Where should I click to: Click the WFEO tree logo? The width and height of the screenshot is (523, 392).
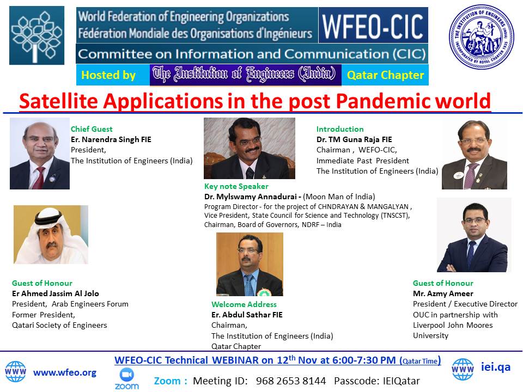point(37,35)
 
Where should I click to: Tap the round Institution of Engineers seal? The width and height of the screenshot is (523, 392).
point(481,36)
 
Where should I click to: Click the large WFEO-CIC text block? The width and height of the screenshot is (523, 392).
point(373,26)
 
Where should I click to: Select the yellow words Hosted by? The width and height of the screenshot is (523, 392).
point(108,75)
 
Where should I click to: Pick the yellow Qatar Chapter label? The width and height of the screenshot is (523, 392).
point(386,75)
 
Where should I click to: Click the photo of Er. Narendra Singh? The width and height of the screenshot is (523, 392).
point(40,154)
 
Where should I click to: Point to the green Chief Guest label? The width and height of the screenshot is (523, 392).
point(92,129)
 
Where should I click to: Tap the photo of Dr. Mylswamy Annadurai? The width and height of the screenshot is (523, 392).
point(250,148)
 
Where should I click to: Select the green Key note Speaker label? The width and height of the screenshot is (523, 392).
point(236,186)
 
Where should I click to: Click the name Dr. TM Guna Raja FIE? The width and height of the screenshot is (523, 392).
point(354,139)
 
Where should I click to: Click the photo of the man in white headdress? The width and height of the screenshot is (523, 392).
point(51,235)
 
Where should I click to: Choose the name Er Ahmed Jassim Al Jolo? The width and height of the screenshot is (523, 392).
point(56,293)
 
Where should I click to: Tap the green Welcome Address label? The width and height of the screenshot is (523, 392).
point(244,304)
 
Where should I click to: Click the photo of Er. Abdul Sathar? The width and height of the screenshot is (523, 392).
point(250,265)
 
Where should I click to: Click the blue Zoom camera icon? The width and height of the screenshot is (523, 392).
point(127,375)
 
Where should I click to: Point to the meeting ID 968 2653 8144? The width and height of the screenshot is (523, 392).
point(291,381)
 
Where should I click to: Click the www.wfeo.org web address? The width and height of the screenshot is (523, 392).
point(65,372)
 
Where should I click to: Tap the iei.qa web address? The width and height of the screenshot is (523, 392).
point(496,367)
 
